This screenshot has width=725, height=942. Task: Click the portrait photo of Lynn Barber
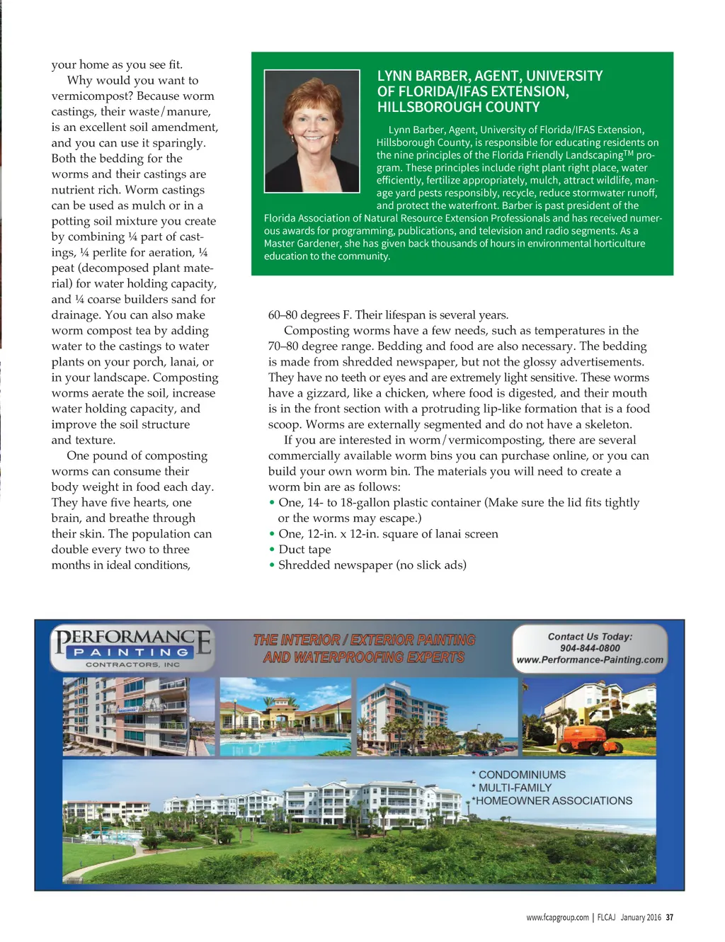pyautogui.click(x=312, y=131)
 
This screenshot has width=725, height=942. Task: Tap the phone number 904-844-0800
pyautogui.click(x=589, y=648)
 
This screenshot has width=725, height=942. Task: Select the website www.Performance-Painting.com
pyautogui.click(x=590, y=660)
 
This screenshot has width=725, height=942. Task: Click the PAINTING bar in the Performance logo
pyautogui.click(x=132, y=652)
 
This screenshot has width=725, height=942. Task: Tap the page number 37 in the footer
pyautogui.click(x=669, y=918)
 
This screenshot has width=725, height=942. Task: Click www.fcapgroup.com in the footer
pyautogui.click(x=557, y=918)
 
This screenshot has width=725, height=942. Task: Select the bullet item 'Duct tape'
pyautogui.click(x=304, y=550)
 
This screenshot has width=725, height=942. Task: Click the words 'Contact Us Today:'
pyautogui.click(x=590, y=637)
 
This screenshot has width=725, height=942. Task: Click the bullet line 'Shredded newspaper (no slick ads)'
pyautogui.click(x=372, y=565)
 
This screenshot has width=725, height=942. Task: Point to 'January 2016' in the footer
pyautogui.click(x=640, y=918)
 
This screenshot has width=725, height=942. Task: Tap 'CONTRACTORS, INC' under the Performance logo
pyautogui.click(x=132, y=665)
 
